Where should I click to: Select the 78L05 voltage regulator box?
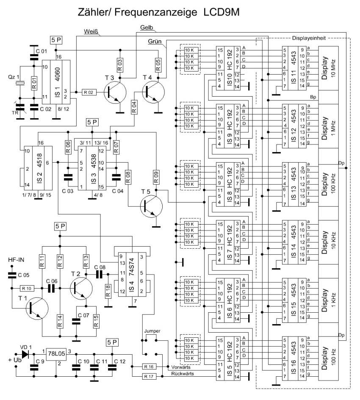coord(56,354)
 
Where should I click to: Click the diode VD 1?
coord(25,353)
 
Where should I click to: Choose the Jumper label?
coord(151,331)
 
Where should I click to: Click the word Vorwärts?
coord(179,367)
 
